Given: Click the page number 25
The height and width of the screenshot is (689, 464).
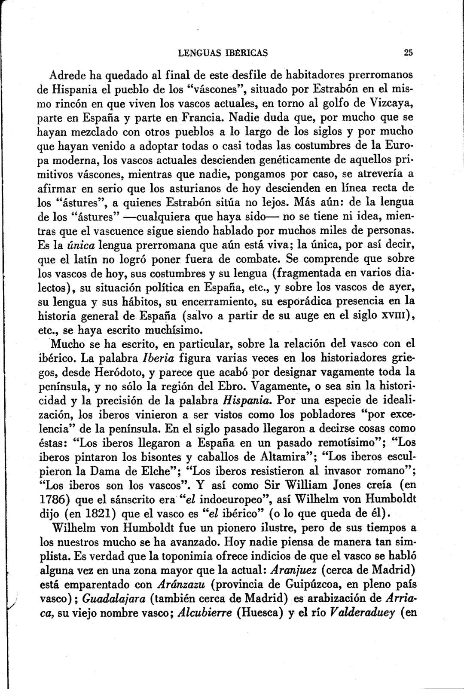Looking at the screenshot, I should (408, 53).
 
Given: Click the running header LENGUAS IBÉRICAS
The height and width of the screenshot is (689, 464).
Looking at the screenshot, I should (223, 53).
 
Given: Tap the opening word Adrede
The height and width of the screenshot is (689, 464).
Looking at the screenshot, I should (69, 75).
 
